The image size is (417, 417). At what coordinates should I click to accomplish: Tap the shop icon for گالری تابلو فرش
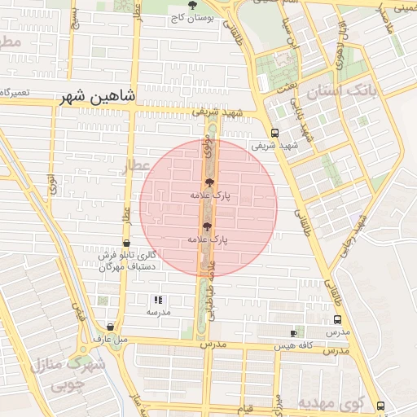tap(125, 243)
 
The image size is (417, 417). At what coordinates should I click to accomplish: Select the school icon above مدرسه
tap(158, 300)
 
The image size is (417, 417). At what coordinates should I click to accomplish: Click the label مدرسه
tap(158, 312)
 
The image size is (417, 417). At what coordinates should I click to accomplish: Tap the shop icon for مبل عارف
tap(111, 327)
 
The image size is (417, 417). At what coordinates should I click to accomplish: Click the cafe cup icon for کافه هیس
tap(294, 333)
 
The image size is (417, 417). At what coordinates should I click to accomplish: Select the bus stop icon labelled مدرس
tap(338, 320)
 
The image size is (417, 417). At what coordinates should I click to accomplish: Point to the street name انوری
tap(51, 183)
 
